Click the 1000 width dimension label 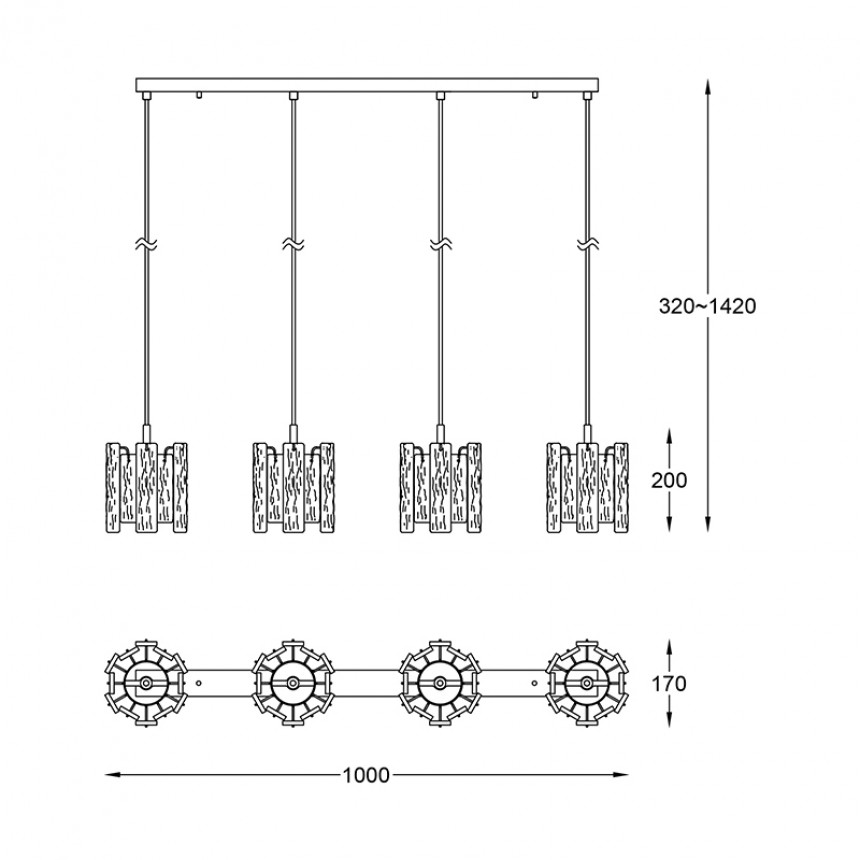[x=366, y=775]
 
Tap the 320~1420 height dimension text [x=707, y=306]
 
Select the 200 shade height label [x=669, y=480]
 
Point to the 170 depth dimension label [x=669, y=684]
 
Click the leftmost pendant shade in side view [x=146, y=487]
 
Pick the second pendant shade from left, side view [x=293, y=487]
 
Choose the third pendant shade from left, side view [x=440, y=487]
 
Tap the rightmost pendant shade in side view [x=587, y=487]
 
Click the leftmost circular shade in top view [x=146, y=683]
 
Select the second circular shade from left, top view [x=293, y=683]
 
